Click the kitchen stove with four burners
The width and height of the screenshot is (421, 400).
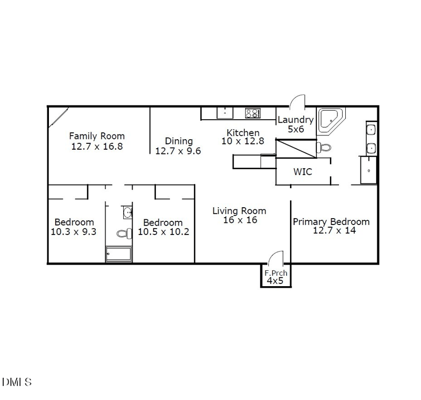coord(253,113)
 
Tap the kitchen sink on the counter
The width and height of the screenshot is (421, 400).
coord(225,113)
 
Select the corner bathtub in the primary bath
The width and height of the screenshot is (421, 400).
coord(330,120)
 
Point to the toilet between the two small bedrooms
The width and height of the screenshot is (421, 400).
coord(124,233)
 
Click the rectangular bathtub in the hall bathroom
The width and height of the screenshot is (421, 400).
coord(119,254)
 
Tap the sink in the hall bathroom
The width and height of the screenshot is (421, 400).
coord(127,213)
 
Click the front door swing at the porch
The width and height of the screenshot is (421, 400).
coord(275,259)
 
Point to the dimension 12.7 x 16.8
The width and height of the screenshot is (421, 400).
coord(97,147)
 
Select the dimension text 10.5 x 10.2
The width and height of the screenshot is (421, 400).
coord(163,231)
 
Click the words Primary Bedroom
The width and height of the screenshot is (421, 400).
coord(331,221)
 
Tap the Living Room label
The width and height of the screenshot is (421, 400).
coord(239,211)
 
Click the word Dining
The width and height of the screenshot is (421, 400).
coord(179,141)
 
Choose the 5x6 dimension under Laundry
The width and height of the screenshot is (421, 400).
coord(296,129)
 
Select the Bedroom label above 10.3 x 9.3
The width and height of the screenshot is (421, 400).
coord(74,222)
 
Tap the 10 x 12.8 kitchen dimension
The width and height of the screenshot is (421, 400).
coord(243,141)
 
